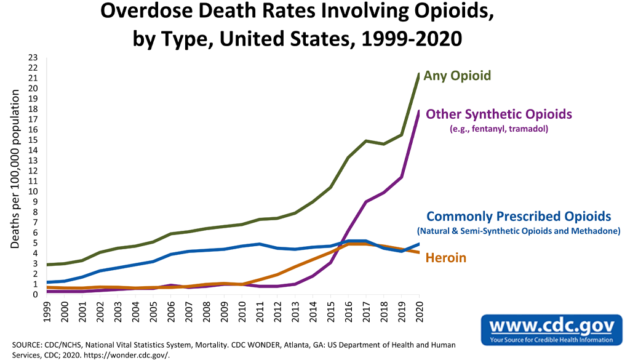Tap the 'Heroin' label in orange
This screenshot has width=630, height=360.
pyautogui.click(x=445, y=258)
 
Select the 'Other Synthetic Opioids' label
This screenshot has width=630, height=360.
pyautogui.click(x=499, y=114)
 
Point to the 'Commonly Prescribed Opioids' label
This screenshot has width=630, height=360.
pyautogui.click(x=519, y=217)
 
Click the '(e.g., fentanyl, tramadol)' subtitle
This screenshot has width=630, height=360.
pyautogui.click(x=499, y=129)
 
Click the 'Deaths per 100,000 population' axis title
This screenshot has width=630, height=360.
pyautogui.click(x=15, y=167)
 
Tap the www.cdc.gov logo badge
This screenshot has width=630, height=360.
pyautogui.click(x=551, y=330)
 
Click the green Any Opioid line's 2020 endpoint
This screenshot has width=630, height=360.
pyautogui.click(x=419, y=74)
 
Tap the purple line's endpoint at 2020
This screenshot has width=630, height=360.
pyautogui.click(x=419, y=111)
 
